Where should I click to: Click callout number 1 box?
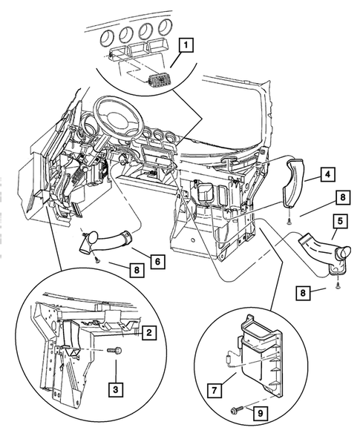coord(187,47)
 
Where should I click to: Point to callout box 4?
coord(326,175)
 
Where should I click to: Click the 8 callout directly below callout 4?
coord(320,199)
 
